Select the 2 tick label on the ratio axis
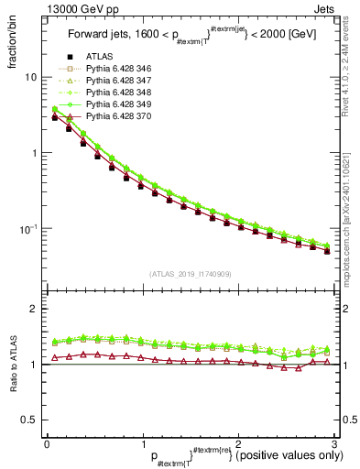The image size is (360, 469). pyautogui.click(x=33, y=310)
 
